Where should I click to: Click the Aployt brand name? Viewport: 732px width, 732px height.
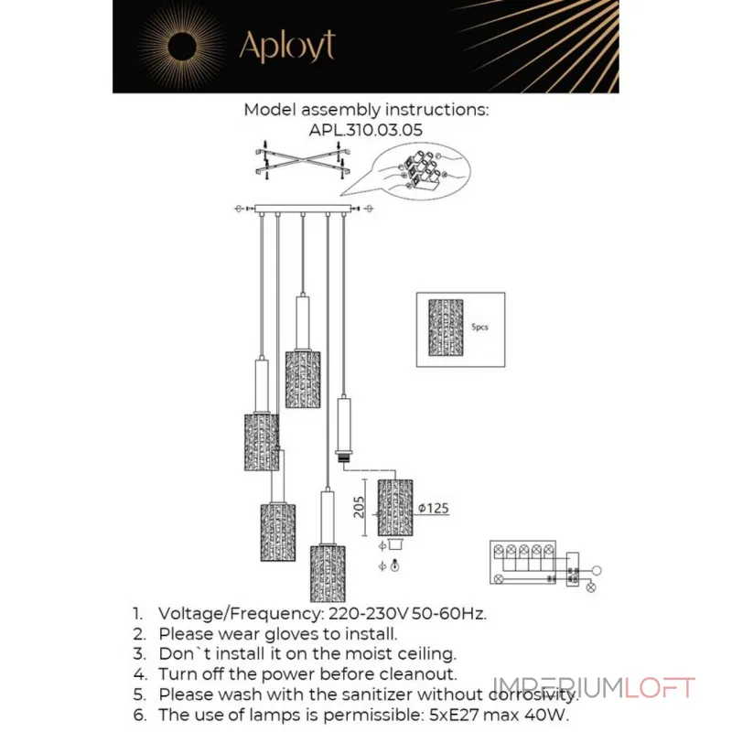[x=286, y=46]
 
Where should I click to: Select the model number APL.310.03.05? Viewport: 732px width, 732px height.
[x=366, y=130]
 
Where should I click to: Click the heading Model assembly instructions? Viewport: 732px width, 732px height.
[x=366, y=110]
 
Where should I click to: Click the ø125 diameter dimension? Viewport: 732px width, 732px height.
[x=433, y=510]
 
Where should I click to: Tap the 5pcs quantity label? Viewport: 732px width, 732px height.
[x=479, y=327]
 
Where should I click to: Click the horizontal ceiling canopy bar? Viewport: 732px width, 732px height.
[x=302, y=210]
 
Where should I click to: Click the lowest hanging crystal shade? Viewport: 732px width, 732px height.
[x=327, y=570]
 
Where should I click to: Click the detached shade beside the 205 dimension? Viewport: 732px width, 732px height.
[x=395, y=506]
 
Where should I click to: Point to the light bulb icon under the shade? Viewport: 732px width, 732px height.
[x=394, y=567]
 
